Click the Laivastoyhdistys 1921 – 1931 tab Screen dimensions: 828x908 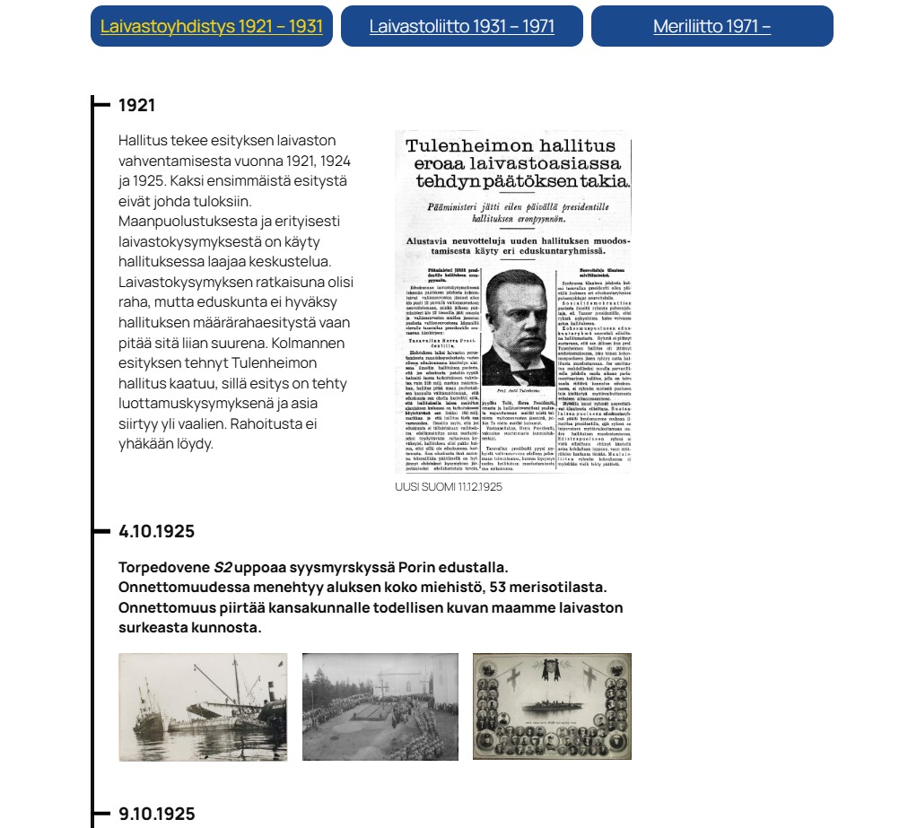[211, 26]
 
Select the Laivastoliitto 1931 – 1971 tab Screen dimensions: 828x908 [461, 26]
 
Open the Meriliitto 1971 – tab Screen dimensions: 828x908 [712, 26]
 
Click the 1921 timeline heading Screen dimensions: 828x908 [136, 105]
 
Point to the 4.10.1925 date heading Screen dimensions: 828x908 [156, 531]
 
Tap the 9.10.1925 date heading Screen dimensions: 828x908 [156, 814]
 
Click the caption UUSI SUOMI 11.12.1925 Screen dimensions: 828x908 [448, 487]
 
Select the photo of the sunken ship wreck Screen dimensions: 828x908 [203, 707]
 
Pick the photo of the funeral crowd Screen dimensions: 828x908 [380, 707]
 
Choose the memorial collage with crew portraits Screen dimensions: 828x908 [552, 707]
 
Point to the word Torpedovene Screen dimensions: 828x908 [163, 567]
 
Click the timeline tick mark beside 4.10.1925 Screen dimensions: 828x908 [101, 531]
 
